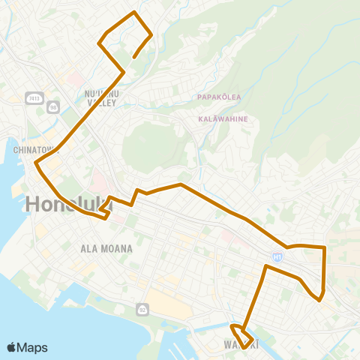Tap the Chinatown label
pyautogui.click(x=36, y=149)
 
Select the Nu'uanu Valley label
pyautogui.click(x=100, y=98)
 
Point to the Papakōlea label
pyautogui.click(x=218, y=97)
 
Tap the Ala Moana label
pyautogui.click(x=106, y=248)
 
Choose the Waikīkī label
pyautogui.click(x=241, y=344)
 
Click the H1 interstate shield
pyautogui.click(x=277, y=256)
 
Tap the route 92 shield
pyautogui.click(x=142, y=309)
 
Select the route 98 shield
pyautogui.click(x=53, y=107)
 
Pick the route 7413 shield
pyautogui.click(x=32, y=97)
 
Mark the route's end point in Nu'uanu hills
pyautogui.click(x=133, y=58)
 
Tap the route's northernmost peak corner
pyautogui.click(x=134, y=13)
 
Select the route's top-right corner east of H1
pyautogui.click(x=324, y=247)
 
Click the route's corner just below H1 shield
pyautogui.click(x=266, y=265)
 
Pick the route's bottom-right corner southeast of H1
pyautogui.click(x=319, y=300)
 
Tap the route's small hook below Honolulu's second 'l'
pyautogui.click(x=107, y=217)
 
